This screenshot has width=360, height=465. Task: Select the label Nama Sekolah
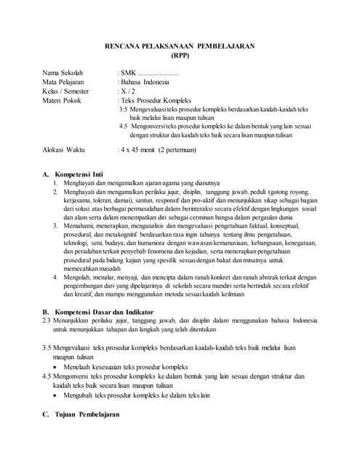pyautogui.click(x=63, y=73)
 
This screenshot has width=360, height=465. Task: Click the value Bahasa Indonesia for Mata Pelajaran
pyautogui.click(x=145, y=83)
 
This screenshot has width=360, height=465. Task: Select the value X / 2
pyautogui.click(x=127, y=92)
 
